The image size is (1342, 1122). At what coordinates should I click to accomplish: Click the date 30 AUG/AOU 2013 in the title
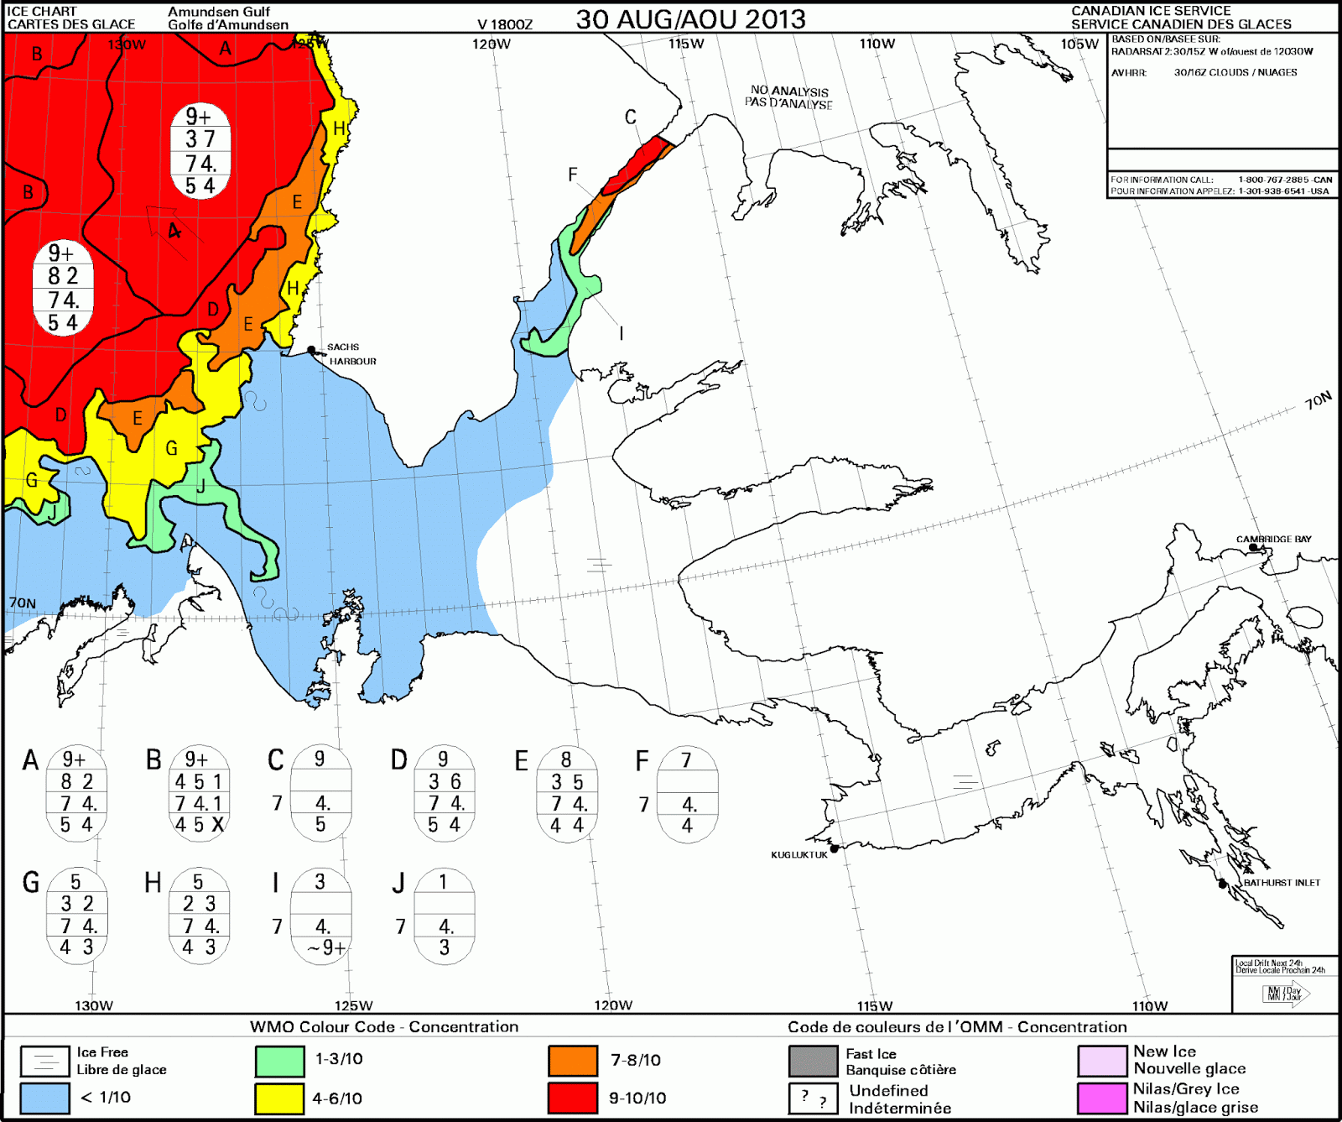point(690,19)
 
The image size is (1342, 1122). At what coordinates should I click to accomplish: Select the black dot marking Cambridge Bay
point(1254,548)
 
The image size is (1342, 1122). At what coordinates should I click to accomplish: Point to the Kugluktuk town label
point(798,855)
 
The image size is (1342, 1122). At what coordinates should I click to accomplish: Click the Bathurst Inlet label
point(1282,883)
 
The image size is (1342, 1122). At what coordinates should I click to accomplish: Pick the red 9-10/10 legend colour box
point(573,1098)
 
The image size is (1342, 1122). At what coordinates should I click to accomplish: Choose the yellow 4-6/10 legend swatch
point(279,1098)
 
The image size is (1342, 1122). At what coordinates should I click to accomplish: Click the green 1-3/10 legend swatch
point(279,1061)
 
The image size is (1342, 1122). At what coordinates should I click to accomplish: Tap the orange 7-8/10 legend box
point(573,1061)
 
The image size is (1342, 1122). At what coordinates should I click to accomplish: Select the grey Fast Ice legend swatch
point(813,1061)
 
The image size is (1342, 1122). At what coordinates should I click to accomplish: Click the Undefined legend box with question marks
point(813,1098)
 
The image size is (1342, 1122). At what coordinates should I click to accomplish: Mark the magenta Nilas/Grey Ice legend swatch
point(1102,1098)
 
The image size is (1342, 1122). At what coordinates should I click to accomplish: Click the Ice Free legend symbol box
point(44,1061)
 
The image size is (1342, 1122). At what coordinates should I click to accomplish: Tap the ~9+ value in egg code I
point(326,948)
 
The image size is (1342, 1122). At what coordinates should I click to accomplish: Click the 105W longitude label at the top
point(1079,44)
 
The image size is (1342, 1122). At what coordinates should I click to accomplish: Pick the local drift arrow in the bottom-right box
point(1287,994)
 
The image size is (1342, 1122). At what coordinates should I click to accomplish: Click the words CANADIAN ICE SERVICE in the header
point(1151,11)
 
